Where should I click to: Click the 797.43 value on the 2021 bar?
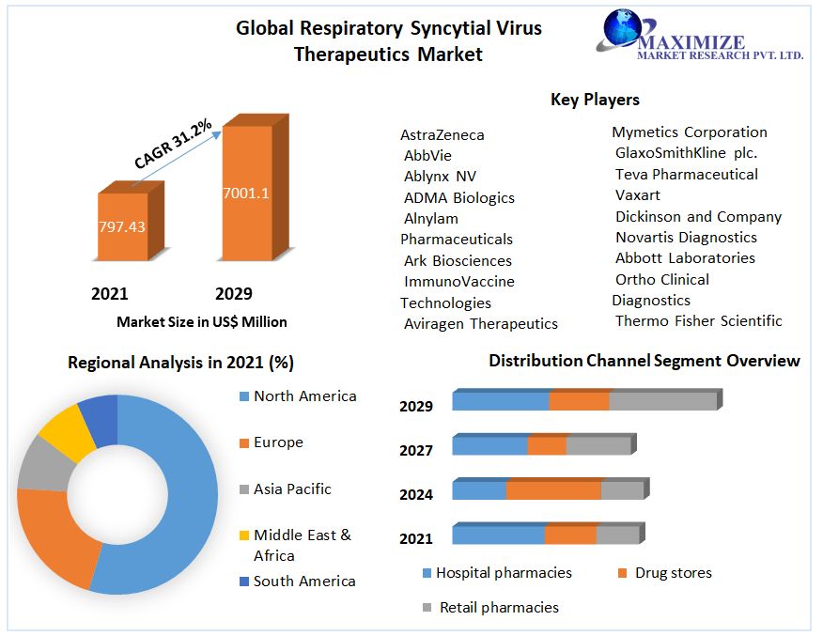[x=122, y=226]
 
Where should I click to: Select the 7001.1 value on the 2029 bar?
[x=246, y=194]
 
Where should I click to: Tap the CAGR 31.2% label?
[x=173, y=144]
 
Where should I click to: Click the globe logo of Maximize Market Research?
[x=621, y=29]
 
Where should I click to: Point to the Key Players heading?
[x=595, y=100]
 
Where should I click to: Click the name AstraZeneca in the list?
[x=443, y=135]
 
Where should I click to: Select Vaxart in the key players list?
[x=638, y=195]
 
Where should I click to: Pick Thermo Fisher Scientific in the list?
[x=698, y=321]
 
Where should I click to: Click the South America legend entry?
[x=303, y=582]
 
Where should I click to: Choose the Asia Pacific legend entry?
[x=291, y=489]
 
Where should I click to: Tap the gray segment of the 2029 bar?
[x=662, y=401]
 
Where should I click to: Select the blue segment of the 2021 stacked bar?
[x=498, y=535]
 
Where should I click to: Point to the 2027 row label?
[x=416, y=451]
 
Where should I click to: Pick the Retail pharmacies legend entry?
[x=498, y=608]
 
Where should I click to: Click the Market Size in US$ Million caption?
[x=202, y=322]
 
